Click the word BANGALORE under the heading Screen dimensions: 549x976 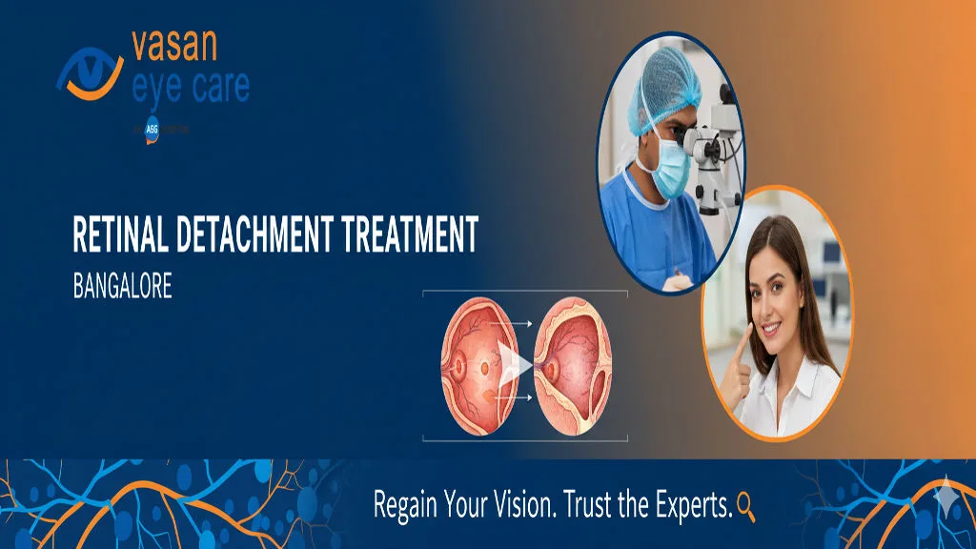pos(122,287)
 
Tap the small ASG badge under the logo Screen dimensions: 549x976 pos(151,127)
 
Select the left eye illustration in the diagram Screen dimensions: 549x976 pos(475,367)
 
